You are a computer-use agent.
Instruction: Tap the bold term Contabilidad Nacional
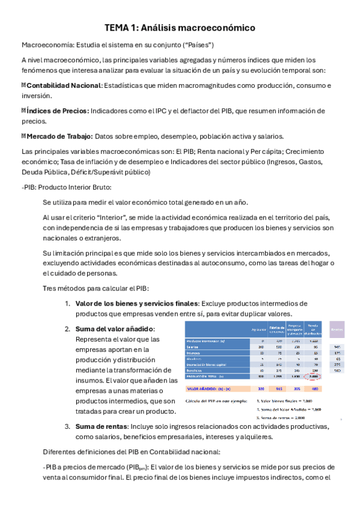tap(63, 86)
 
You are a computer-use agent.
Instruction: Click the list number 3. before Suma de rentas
tap(68, 426)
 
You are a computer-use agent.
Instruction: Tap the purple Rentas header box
tap(337, 329)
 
